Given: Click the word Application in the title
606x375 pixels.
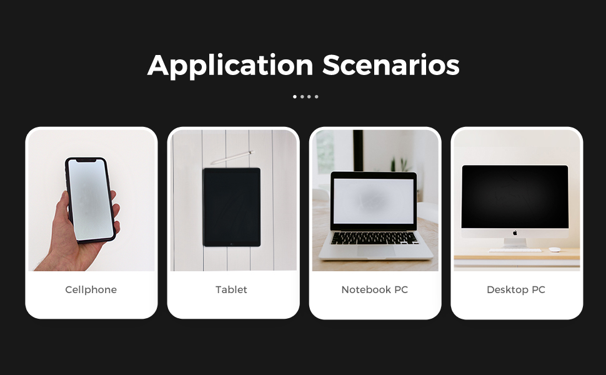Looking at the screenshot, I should [x=231, y=65].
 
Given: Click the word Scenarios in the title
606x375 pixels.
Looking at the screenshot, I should [x=391, y=65].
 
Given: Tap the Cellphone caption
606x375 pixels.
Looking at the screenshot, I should [x=91, y=290].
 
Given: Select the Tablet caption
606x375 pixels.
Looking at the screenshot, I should [x=231, y=290].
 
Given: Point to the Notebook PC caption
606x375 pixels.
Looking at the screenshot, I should [x=374, y=290].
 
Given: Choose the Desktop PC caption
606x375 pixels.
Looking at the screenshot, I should [x=516, y=290].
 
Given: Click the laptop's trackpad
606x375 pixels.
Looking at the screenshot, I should [x=375, y=250].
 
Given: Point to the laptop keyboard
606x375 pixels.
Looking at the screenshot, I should [x=375, y=237].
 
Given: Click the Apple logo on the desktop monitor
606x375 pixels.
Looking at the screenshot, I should [x=515, y=233].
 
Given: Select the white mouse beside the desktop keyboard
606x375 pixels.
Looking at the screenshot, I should [x=555, y=249].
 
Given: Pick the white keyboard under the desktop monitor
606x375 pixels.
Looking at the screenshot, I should [x=515, y=250].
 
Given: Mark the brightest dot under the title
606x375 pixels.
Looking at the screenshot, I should [x=295, y=97].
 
